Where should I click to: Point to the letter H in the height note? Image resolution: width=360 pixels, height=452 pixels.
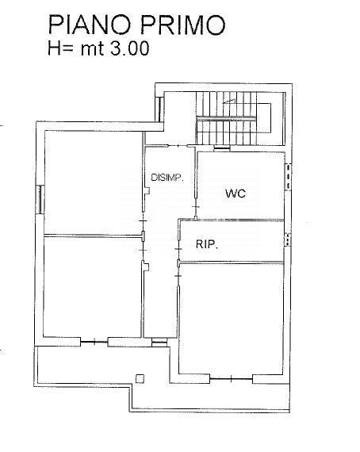[54, 48]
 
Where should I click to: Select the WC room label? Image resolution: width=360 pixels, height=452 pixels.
[236, 193]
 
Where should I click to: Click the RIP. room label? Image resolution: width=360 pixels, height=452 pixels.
[207, 245]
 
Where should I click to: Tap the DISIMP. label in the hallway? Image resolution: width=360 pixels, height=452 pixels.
[167, 178]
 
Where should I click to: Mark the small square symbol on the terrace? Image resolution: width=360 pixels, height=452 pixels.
[140, 378]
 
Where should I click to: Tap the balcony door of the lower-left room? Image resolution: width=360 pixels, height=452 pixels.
[93, 342]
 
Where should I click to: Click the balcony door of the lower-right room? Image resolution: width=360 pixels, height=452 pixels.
[231, 373]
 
